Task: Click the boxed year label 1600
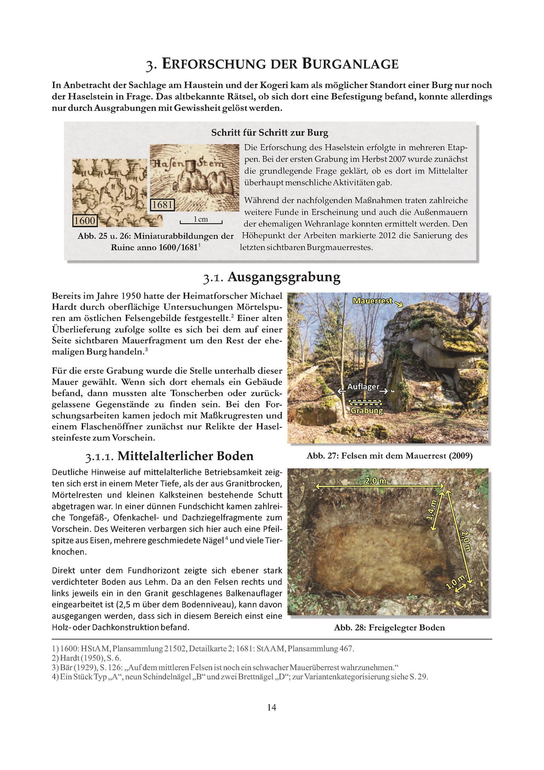click(85, 220)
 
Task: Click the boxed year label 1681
click(163, 205)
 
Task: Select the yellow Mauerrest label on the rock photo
click(373, 301)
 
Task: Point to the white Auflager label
click(363, 387)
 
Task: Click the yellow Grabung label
click(367, 411)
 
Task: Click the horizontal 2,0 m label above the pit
click(376, 481)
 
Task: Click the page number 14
click(272, 708)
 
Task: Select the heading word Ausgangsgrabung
click(284, 277)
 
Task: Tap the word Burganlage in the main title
click(350, 64)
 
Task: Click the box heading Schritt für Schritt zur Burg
click(270, 132)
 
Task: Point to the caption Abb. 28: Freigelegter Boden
click(389, 628)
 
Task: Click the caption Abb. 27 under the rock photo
click(389, 456)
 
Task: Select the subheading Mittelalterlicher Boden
click(185, 456)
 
